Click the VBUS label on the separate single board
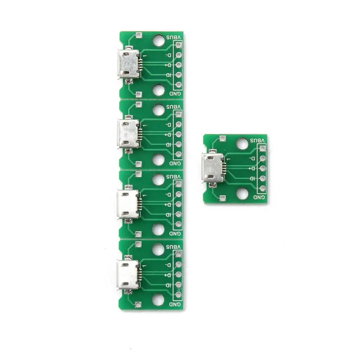tap(257, 140)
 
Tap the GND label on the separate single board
tap(259, 197)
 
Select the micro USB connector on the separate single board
tap(213, 168)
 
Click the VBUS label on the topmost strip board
tap(174, 37)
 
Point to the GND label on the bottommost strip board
tap(175, 304)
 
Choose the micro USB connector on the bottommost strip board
tap(128, 275)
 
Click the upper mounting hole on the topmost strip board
tap(159, 40)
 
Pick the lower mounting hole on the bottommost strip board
tap(158, 300)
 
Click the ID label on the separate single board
tap(252, 179)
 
